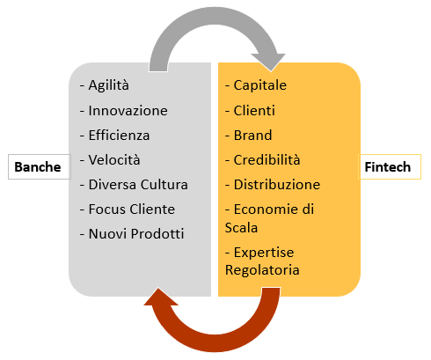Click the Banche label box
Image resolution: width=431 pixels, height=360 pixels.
coord(40,166)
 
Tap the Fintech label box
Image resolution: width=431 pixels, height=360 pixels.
coord(390,166)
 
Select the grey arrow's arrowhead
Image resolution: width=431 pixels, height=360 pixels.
coord(268,62)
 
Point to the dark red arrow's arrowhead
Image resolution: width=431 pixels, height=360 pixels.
coord(160,297)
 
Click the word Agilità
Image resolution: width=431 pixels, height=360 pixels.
coord(109,85)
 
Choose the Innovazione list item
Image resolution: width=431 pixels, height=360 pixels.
coord(123,111)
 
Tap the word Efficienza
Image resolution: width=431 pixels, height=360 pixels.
coord(119,136)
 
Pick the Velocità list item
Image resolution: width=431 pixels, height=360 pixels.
coord(110,160)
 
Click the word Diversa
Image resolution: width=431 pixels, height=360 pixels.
coord(113,185)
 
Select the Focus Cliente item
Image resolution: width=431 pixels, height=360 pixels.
coord(128,209)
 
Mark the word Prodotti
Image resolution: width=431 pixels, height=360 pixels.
coord(157,234)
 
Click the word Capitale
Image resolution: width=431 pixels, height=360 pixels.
coord(260,85)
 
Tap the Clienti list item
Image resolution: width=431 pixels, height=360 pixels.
coord(250,111)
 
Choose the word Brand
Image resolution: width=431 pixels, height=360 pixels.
coord(252,136)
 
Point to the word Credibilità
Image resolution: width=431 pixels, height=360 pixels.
coord(267,160)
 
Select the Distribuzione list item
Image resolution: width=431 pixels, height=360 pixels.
coord(273,185)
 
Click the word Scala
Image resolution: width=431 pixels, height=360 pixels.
coord(241,228)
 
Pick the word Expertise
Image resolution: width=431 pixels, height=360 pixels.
coord(264,253)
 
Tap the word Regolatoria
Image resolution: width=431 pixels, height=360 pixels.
coord(262,270)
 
